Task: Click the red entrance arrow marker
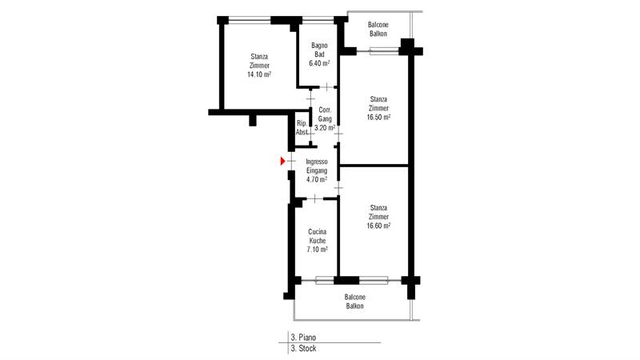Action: tap(282, 162)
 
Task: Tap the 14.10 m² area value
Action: tap(259, 74)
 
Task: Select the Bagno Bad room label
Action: tap(319, 50)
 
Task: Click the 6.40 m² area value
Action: tap(319, 63)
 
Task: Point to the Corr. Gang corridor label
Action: tap(325, 114)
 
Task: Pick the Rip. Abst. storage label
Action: tap(302, 127)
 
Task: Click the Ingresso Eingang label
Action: tap(317, 166)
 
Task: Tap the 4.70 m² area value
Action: tap(317, 179)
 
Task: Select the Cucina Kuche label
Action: tap(317, 236)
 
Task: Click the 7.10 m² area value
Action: tap(317, 250)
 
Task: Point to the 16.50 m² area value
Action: tap(378, 117)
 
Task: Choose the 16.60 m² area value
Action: tap(378, 226)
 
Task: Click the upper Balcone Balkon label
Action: tap(378, 30)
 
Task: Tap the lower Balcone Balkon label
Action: tap(354, 302)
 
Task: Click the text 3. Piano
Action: tap(303, 338)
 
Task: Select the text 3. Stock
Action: tap(303, 349)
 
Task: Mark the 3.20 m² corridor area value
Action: tap(325, 128)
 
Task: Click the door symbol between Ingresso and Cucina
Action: tap(314, 198)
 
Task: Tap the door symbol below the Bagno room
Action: tap(327, 87)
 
